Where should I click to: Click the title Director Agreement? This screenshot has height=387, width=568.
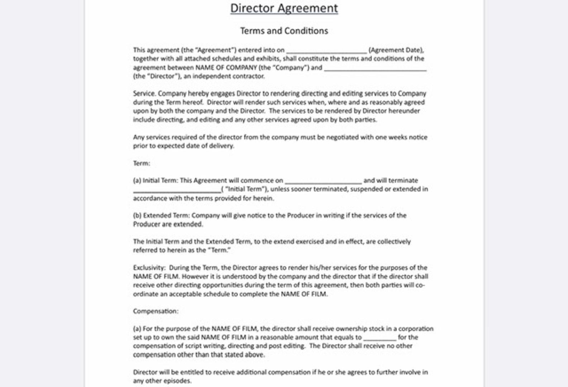pos(284,8)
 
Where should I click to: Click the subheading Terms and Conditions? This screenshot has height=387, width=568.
pos(284,31)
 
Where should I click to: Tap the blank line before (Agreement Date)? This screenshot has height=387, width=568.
pos(326,51)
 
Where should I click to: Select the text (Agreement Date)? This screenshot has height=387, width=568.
pos(396,50)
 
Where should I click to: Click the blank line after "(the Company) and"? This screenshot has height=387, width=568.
pos(375,68)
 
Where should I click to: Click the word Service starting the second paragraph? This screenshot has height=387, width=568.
pos(144,94)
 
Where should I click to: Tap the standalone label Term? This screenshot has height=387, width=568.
pos(142,163)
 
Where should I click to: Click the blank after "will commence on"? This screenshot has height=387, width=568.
pos(323,181)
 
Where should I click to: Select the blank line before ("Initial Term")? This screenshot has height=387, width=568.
pos(177,190)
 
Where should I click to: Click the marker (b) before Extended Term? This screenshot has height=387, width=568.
pos(137,215)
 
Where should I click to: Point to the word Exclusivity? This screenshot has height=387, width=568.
pos(149,268)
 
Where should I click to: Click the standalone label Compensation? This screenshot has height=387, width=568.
pos(156,311)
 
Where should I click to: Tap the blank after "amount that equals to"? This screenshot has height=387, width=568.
pos(380,338)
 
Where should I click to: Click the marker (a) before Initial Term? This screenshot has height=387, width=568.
pos(137,181)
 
